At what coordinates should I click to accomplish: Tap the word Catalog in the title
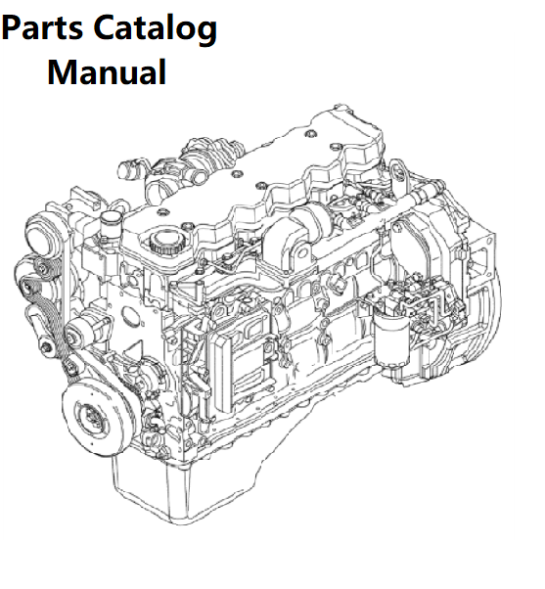(x=156, y=29)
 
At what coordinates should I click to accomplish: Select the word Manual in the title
(x=107, y=72)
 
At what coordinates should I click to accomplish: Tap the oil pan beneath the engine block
(x=180, y=484)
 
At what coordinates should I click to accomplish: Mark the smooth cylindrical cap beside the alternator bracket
(x=110, y=222)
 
